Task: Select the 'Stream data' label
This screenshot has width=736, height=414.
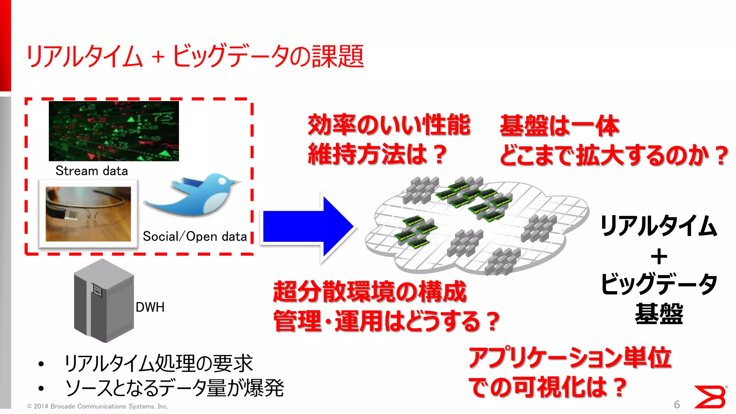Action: [92, 171]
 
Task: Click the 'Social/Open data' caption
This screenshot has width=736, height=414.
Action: [195, 236]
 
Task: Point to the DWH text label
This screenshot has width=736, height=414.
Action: [150, 307]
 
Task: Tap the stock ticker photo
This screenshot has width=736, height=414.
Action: [114, 131]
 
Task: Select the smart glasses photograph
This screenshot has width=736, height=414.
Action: [88, 214]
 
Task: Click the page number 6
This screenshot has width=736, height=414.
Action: [677, 405]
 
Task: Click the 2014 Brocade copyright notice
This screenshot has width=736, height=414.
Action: [98, 406]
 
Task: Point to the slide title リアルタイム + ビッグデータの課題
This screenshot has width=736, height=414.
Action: [195, 56]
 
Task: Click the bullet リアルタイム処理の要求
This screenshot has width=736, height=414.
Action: [158, 363]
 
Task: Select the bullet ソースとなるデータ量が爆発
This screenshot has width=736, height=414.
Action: [174, 388]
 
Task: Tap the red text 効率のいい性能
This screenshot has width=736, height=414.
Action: [389, 125]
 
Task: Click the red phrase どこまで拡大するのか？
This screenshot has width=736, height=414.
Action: [614, 156]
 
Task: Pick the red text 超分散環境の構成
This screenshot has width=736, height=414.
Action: [369, 291]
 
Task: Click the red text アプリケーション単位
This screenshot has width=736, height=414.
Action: [570, 358]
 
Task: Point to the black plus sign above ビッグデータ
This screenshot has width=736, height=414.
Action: [659, 257]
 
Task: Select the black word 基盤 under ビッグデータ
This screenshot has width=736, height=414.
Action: [659, 314]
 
